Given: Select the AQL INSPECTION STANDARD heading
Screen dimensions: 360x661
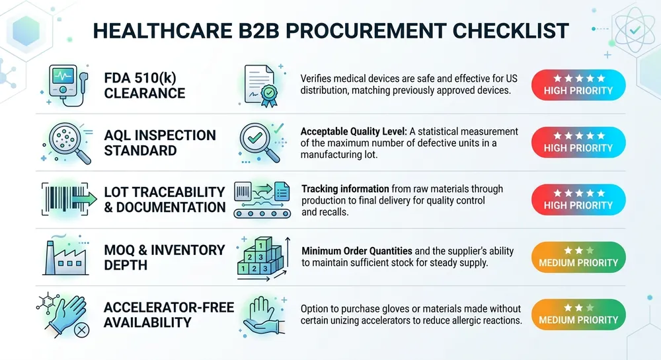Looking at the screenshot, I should click(160, 143).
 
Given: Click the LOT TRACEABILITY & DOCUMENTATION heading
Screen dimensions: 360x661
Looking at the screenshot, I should click(165, 199).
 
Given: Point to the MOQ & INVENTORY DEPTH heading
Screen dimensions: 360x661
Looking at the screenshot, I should click(165, 257).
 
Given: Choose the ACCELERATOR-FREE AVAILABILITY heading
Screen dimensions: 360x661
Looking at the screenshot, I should click(169, 314).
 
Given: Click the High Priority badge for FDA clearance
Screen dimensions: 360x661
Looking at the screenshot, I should click(578, 85).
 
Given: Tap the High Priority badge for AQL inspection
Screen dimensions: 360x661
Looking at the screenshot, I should click(578, 142).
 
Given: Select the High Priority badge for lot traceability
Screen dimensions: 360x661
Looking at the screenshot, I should click(578, 199).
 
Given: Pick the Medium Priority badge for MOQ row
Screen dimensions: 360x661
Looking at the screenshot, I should click(578, 256).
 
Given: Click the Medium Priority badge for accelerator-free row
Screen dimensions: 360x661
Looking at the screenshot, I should click(578, 314).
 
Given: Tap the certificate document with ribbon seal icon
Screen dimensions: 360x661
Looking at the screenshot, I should click(261, 86).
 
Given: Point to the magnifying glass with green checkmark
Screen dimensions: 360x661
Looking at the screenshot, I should click(259, 141).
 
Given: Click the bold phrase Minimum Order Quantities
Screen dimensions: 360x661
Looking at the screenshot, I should click(356, 252).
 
